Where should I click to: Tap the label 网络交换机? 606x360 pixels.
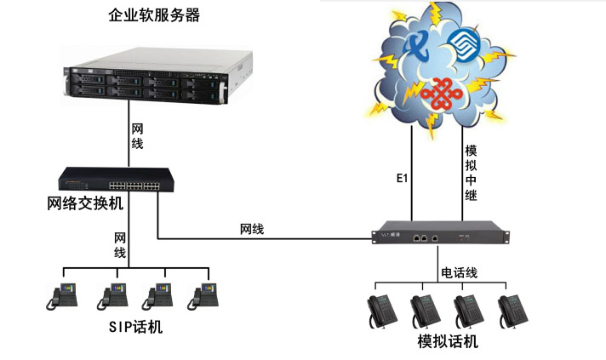[x=85, y=203]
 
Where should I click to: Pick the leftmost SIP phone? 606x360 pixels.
[x=64, y=294]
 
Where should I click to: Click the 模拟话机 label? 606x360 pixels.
[x=448, y=341]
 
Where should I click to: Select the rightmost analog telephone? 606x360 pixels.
[x=514, y=311]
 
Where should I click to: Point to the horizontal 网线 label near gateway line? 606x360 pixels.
[x=251, y=229]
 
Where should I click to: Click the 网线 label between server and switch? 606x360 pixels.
[x=137, y=136]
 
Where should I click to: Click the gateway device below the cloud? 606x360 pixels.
[x=436, y=238]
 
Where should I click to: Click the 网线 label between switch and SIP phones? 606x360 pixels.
[x=120, y=245]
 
